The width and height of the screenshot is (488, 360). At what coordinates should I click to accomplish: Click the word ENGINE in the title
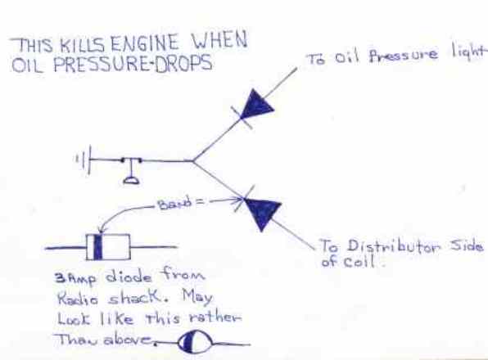point(145,44)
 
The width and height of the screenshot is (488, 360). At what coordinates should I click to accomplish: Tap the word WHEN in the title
point(219,41)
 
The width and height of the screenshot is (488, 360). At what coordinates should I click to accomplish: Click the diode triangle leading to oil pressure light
point(256,104)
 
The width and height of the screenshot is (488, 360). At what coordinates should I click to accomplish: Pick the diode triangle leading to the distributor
point(264,213)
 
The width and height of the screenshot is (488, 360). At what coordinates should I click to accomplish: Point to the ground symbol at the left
point(83,160)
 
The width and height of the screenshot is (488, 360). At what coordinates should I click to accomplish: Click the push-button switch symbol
point(131,170)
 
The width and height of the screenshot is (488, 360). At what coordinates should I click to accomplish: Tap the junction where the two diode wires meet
point(193,160)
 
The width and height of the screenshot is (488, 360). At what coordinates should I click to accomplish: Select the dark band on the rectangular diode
point(97,247)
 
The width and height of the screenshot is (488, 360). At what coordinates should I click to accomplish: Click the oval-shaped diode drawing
point(196,342)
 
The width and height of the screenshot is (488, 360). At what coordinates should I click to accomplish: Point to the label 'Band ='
point(181,204)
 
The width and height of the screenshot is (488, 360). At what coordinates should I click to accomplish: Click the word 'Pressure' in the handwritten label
point(404,56)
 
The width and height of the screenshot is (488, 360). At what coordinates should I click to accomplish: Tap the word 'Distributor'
point(394,246)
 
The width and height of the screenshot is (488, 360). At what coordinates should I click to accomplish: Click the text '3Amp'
point(75,278)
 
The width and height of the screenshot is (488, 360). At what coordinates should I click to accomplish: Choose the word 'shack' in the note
point(136,298)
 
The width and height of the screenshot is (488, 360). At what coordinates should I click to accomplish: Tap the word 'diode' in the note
point(129,277)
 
